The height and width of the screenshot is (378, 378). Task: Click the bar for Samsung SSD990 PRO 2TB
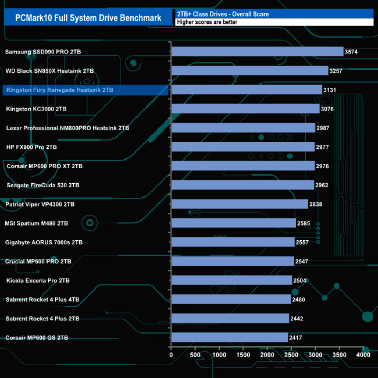click(257, 52)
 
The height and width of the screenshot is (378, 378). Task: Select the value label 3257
click(338, 71)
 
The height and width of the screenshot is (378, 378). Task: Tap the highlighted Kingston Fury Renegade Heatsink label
click(59, 90)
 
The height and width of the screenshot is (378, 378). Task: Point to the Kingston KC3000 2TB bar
click(245, 109)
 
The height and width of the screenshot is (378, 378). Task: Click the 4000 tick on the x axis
click(363, 354)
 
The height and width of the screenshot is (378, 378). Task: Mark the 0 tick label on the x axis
click(171, 354)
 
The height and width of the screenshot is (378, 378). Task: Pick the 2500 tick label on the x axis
click(291, 354)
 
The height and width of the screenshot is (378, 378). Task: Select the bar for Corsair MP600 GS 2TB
click(230, 337)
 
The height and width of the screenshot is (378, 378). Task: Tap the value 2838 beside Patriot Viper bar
click(318, 205)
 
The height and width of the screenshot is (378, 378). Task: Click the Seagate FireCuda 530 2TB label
click(43, 185)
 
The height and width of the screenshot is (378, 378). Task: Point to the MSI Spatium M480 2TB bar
click(233, 223)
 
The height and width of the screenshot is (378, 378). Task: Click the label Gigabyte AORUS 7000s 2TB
click(44, 242)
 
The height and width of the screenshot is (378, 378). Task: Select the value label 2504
click(301, 280)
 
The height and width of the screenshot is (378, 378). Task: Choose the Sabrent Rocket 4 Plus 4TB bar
click(231, 299)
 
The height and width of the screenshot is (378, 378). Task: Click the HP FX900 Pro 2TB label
click(31, 147)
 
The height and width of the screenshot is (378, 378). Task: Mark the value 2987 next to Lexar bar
click(324, 128)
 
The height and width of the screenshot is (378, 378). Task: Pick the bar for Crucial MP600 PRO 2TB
click(232, 261)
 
